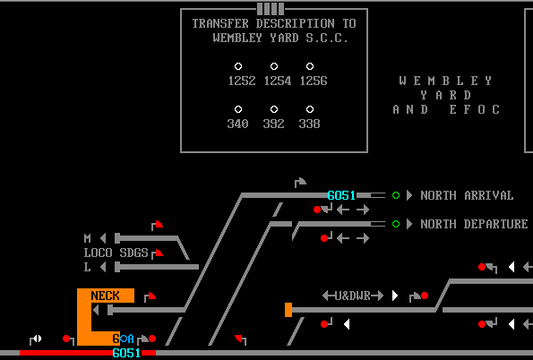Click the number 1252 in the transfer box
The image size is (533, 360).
point(242,81)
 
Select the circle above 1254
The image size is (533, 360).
point(274,66)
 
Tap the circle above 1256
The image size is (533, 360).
point(310,66)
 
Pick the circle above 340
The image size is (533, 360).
point(238,109)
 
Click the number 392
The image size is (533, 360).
point(273,124)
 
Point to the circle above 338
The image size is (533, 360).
point(310,109)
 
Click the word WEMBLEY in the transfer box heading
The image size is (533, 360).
point(237,38)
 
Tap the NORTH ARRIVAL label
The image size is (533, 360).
point(467,195)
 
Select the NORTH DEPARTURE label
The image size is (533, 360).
point(474,224)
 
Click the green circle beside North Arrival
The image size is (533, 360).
point(396,195)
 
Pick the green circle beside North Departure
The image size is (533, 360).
point(396,224)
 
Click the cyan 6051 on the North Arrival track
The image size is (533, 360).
point(341,195)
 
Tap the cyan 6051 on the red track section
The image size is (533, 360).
point(126,353)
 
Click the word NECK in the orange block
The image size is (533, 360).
point(106,296)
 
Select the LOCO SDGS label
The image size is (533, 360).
point(116,253)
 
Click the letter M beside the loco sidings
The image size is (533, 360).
point(88,238)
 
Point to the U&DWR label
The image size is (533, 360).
point(353,296)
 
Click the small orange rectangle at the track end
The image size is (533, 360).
point(288,310)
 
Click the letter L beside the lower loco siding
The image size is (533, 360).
point(88,267)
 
